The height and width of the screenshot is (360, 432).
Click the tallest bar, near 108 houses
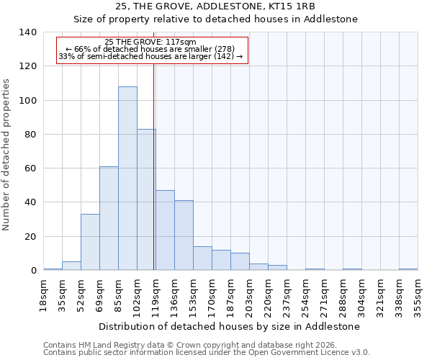coord(127,179)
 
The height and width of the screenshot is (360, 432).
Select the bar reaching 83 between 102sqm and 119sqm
coord(146,199)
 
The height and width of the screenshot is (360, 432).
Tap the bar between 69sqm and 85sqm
coord(109,218)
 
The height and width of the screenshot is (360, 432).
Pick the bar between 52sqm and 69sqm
coord(90,242)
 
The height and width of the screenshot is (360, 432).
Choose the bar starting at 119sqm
coord(165,230)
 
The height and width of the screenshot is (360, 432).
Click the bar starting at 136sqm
coord(184,235)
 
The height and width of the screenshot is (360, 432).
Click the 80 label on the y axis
coord(31,135)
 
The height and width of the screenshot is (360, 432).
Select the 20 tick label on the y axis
coord(31,237)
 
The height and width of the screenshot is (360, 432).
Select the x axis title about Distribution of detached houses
coord(230,326)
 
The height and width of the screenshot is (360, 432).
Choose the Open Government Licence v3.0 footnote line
coord(207,352)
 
